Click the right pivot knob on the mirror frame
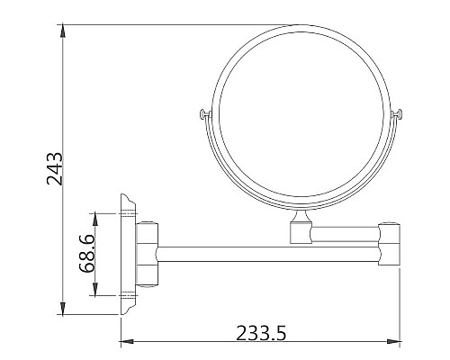(399, 113)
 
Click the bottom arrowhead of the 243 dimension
(64, 302)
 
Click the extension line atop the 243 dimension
(180, 24)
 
